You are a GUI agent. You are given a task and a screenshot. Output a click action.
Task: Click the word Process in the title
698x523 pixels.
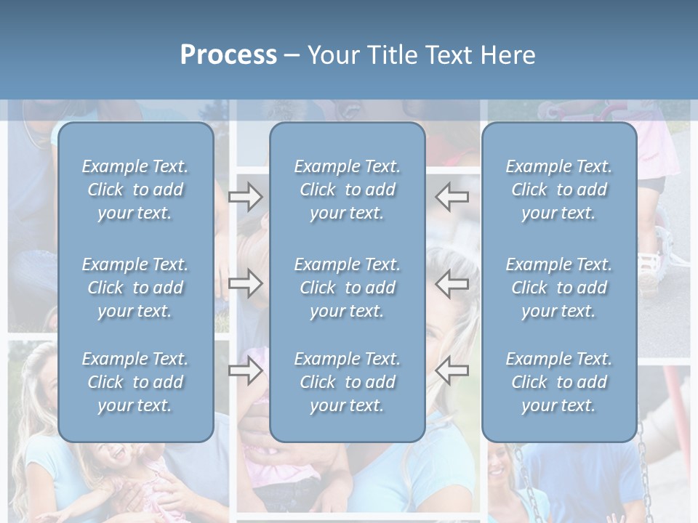pyautogui.click(x=228, y=55)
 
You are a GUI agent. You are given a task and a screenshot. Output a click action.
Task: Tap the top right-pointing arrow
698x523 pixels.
pyautogui.click(x=245, y=196)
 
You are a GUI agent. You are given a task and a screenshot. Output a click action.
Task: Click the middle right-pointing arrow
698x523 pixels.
pyautogui.click(x=245, y=283)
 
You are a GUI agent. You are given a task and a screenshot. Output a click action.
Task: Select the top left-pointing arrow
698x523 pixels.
pyautogui.click(x=452, y=196)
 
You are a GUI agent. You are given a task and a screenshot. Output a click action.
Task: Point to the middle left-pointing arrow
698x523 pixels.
pyautogui.click(x=452, y=283)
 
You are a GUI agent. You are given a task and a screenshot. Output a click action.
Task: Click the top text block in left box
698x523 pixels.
pyautogui.click(x=135, y=190)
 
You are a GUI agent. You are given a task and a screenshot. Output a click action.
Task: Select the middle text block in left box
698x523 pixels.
pyautogui.click(x=135, y=288)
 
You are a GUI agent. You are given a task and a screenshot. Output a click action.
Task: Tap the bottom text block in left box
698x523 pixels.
pyautogui.click(x=135, y=382)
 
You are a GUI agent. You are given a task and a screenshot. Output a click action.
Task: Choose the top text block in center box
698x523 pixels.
pyautogui.click(x=347, y=190)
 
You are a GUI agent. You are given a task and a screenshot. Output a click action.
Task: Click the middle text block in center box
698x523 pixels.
pyautogui.click(x=347, y=288)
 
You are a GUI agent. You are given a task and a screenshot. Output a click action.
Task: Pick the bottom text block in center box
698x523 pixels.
pyautogui.click(x=347, y=382)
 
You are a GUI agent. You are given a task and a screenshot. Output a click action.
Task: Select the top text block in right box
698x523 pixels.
pyautogui.click(x=558, y=190)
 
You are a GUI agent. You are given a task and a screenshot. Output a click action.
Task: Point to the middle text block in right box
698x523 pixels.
pyautogui.click(x=558, y=288)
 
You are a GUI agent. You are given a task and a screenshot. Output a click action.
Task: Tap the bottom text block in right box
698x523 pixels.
pyautogui.click(x=558, y=382)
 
